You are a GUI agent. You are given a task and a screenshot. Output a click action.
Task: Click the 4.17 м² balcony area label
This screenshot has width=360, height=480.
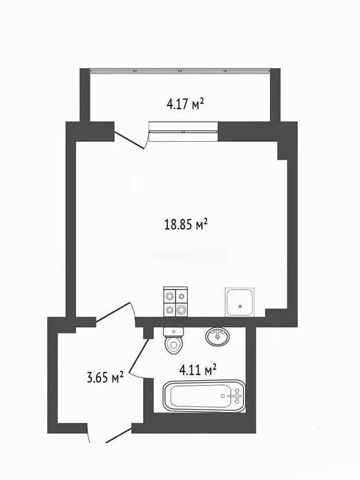tap(185, 104)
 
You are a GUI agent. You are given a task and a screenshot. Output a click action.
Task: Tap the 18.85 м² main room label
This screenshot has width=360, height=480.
tap(186, 224)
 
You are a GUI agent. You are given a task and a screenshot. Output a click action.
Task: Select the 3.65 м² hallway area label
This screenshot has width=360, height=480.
tap(106, 377)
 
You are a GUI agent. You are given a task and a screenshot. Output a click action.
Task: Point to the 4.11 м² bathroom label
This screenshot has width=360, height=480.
tap(198, 370)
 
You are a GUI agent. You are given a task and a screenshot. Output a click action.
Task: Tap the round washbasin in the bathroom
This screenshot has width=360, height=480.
tap(217, 336)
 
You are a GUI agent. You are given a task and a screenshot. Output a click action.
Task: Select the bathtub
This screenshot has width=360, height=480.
tap(204, 396)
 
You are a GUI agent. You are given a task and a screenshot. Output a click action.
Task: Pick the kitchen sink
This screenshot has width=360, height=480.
tap(239, 302)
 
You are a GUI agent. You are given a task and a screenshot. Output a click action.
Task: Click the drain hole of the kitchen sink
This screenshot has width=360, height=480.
tap(241, 306)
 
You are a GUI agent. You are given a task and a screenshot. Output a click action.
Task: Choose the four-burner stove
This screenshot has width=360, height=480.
tap(175, 302)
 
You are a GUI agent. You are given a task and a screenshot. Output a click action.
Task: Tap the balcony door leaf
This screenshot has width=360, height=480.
tap(129, 140)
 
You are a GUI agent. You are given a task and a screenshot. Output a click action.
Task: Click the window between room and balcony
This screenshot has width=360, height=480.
tap(183, 132)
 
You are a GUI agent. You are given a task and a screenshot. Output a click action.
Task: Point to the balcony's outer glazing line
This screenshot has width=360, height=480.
tap(180, 71)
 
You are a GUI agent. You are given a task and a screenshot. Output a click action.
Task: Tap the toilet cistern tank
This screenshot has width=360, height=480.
tap(174, 332)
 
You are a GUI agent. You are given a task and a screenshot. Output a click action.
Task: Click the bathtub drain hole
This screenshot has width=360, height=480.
tap(223, 396)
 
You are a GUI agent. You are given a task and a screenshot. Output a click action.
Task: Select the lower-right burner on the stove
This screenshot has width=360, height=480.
tap(182, 310)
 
